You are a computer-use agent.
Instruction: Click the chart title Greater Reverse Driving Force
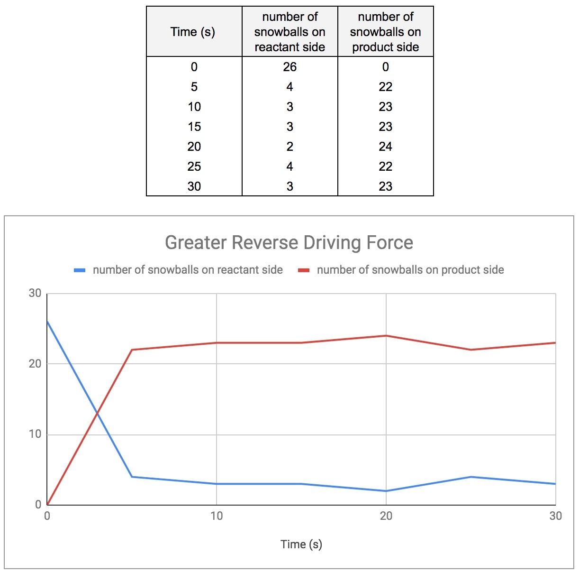click(289, 243)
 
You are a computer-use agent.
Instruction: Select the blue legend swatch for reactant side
click(80, 270)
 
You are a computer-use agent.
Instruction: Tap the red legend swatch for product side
click(303, 270)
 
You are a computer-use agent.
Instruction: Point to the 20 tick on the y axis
click(35, 364)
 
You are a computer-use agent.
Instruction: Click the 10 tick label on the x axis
click(217, 516)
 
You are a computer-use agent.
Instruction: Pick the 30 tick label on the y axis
click(35, 293)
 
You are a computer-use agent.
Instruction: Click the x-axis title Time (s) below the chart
click(301, 544)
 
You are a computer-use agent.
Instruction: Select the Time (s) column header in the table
click(193, 32)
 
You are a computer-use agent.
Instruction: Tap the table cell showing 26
click(290, 67)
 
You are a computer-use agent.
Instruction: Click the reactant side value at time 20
click(290, 147)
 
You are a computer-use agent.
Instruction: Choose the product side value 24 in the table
click(386, 147)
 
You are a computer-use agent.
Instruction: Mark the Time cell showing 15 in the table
click(194, 127)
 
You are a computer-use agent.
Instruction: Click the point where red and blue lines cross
click(97, 413)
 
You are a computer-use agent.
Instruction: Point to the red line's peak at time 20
click(386, 336)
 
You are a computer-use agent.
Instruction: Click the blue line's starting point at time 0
click(47, 322)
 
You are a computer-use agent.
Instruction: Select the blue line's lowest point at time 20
click(386, 491)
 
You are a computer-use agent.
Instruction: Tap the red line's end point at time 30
click(555, 342)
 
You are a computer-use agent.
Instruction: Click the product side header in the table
click(386, 32)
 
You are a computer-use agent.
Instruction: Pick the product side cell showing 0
click(386, 67)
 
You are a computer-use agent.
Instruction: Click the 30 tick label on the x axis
click(555, 516)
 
